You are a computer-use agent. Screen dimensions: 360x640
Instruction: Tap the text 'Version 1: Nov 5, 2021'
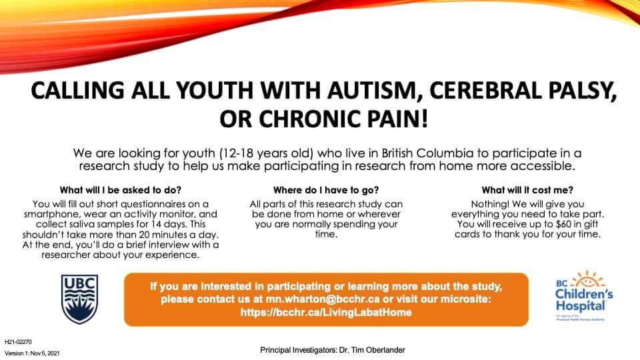click(35, 352)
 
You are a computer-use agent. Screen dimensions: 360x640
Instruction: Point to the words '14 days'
click(169, 225)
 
